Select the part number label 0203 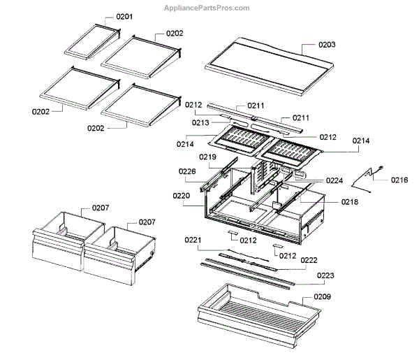(x=326, y=45)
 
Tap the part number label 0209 (x=322, y=297)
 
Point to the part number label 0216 (x=399, y=180)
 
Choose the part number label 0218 (x=349, y=201)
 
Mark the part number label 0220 (x=182, y=196)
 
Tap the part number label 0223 (x=325, y=275)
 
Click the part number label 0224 (x=334, y=180)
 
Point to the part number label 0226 (x=186, y=171)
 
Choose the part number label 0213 (x=201, y=123)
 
